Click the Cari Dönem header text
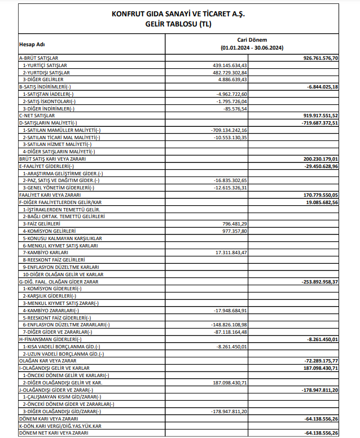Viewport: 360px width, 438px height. click(x=252, y=41)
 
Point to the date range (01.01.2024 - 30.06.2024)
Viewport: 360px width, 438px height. click(x=252, y=49)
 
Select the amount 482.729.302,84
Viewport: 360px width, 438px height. click(x=229, y=73)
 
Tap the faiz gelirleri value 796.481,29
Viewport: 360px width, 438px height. click(x=233, y=224)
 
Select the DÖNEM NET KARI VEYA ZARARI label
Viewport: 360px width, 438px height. click(x=54, y=433)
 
